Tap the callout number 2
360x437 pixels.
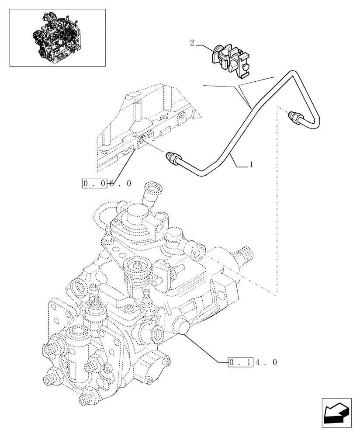[192, 43]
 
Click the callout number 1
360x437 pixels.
[251, 165]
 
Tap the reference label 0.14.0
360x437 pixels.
[253, 362]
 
